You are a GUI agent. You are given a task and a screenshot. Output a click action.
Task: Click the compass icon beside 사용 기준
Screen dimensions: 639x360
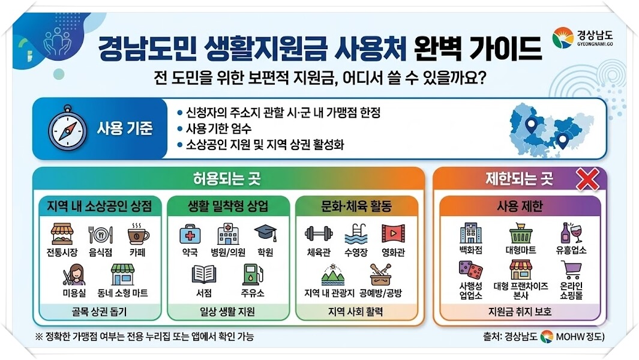[x=67, y=128]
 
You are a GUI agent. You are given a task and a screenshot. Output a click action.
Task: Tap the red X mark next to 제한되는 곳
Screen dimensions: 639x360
[x=587, y=179]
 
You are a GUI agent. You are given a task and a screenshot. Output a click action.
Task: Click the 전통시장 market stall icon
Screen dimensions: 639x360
[x=62, y=233]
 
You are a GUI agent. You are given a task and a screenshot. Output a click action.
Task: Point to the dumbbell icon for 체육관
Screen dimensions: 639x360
[x=319, y=233]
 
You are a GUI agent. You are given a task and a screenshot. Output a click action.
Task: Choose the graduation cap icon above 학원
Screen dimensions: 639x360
[x=266, y=233]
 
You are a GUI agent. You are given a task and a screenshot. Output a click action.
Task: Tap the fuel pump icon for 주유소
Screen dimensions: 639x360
[x=253, y=274]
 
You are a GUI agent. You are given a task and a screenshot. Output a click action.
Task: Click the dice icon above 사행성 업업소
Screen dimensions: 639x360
[x=470, y=271]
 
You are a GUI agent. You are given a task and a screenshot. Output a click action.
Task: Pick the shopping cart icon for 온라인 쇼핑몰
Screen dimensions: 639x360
[x=571, y=270]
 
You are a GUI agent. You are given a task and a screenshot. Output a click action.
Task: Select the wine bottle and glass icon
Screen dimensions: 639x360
[x=571, y=233]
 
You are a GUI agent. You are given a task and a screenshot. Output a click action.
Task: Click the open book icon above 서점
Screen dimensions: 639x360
[x=204, y=274]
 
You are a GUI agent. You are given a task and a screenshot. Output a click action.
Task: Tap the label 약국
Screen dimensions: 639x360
[x=190, y=253]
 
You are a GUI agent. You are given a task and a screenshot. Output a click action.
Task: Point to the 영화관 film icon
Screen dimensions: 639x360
[x=393, y=233]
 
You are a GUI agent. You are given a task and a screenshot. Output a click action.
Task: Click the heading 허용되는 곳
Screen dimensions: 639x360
[x=227, y=179]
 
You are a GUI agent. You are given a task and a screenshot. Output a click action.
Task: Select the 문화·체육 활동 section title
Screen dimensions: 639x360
[x=356, y=206]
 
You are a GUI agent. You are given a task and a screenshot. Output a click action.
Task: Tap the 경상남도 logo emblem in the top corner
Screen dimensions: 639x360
[x=563, y=38]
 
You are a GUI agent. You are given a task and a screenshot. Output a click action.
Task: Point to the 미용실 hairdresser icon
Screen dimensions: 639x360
[x=74, y=274]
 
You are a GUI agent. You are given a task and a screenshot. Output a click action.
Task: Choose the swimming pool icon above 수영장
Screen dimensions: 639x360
[x=356, y=233]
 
